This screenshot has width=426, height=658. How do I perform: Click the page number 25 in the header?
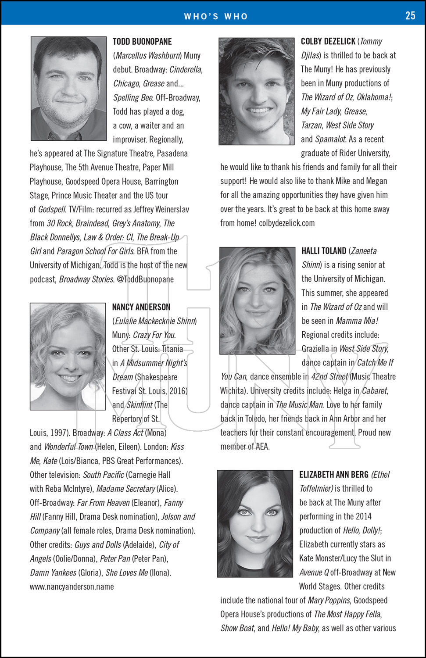point(410,16)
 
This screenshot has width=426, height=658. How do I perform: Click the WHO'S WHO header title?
point(216,17)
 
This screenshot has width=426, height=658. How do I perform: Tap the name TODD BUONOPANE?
point(142,42)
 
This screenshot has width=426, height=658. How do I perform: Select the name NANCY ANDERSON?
point(141,307)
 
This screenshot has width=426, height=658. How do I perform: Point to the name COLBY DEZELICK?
point(328,41)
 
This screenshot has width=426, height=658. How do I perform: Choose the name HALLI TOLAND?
point(324,251)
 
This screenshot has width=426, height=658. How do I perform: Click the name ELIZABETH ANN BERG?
point(334,475)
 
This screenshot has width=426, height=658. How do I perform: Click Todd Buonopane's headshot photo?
point(69,89)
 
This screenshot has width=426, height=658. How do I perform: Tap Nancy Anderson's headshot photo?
point(68,356)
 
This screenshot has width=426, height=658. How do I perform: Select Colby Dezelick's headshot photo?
point(257,91)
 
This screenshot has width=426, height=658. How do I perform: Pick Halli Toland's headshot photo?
point(258,300)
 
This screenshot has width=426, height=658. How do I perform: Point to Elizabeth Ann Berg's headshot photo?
point(255,523)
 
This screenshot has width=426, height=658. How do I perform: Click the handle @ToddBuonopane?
point(146,279)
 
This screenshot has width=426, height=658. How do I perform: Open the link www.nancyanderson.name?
point(72,587)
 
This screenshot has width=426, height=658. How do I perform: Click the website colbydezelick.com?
point(287,223)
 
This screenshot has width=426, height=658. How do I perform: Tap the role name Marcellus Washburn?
point(148,56)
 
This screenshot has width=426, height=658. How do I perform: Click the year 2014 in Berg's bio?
point(364,516)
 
